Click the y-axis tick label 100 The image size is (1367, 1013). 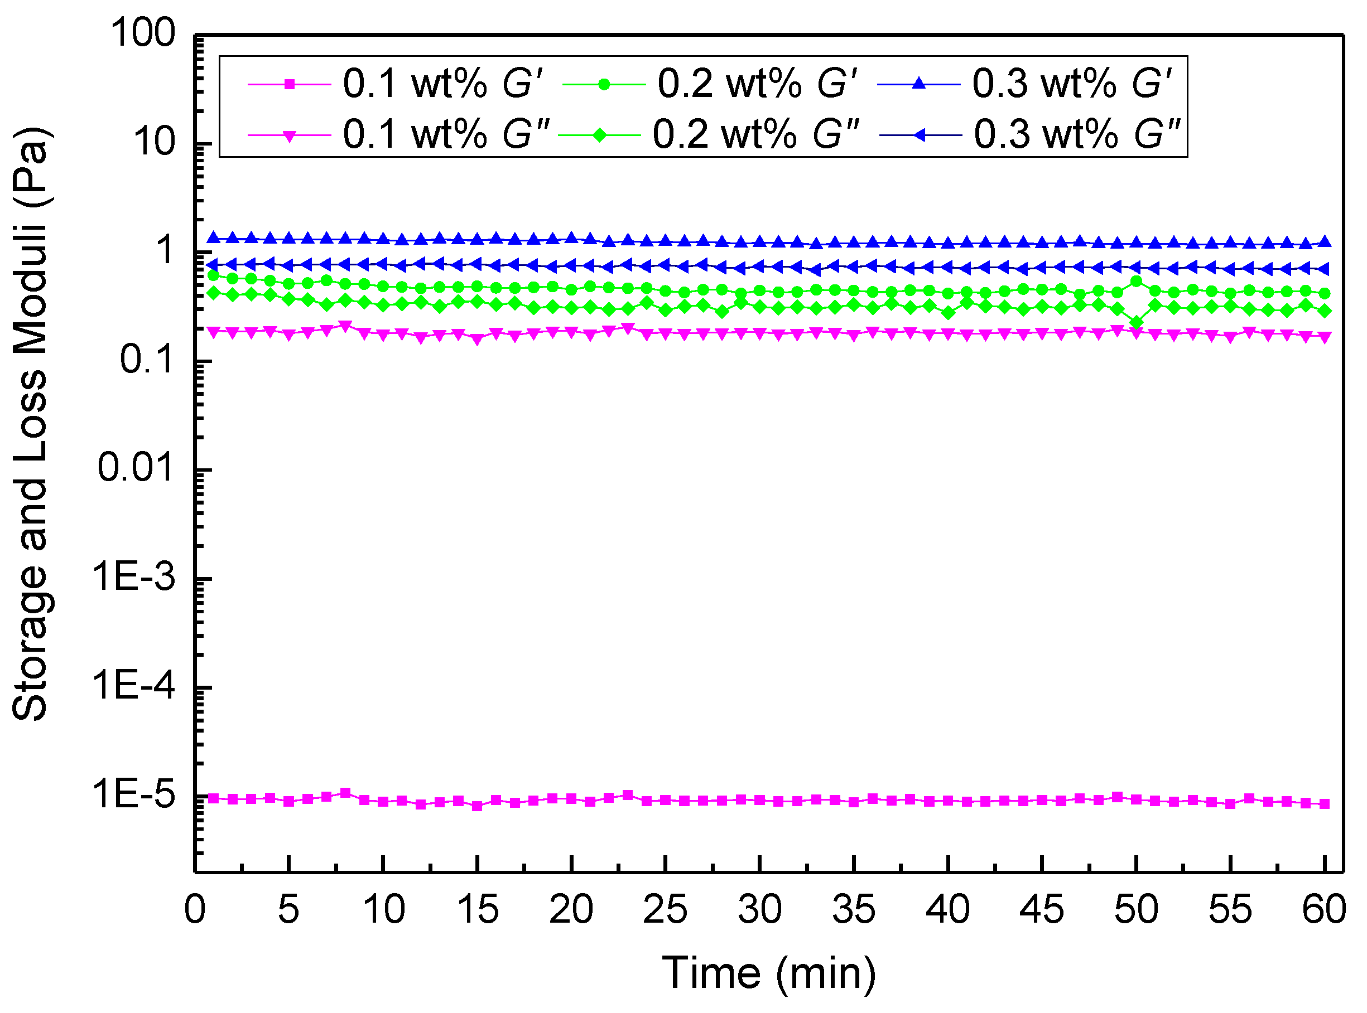143,33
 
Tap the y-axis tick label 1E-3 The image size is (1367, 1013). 134,577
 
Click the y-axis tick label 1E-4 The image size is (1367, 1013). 134,686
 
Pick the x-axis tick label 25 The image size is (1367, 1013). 665,910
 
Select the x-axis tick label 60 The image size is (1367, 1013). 1324,910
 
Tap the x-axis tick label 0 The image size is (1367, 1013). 195,910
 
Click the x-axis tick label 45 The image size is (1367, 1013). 1041,910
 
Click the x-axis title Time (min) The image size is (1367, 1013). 769,974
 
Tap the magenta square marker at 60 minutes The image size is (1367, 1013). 1325,804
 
